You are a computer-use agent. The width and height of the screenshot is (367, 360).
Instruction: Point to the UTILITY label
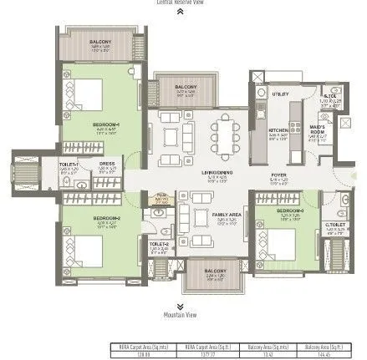click(279, 94)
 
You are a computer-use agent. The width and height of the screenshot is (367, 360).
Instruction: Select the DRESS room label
click(107, 165)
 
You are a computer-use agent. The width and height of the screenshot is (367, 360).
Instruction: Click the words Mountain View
click(181, 315)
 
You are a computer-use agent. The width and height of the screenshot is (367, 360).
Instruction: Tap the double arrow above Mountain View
click(181, 306)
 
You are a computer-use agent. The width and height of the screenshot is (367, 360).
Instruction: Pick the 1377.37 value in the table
click(196, 353)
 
